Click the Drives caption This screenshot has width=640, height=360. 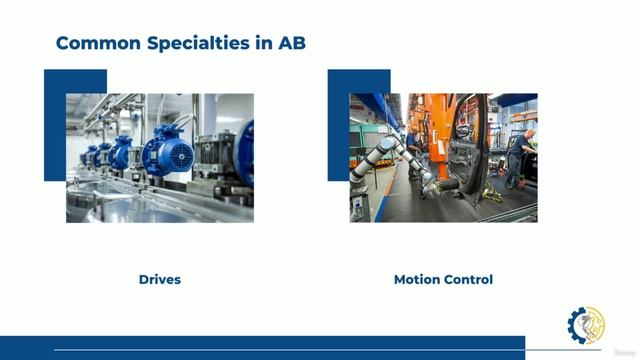(160, 279)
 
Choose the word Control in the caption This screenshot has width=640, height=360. (469, 279)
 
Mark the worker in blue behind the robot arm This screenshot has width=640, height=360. (413, 140)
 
